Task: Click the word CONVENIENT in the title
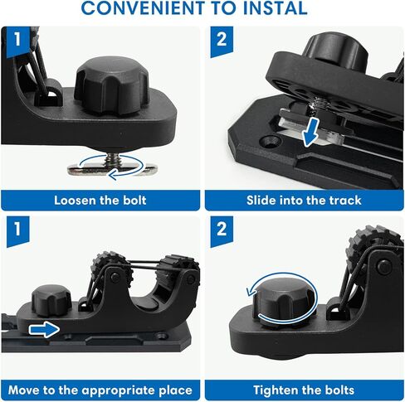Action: (x=144, y=7)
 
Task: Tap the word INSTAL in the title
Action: (x=276, y=7)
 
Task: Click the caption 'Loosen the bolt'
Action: (x=100, y=201)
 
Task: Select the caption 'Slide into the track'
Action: (x=304, y=201)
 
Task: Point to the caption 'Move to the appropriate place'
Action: (x=100, y=390)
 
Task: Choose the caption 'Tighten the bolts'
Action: (x=304, y=390)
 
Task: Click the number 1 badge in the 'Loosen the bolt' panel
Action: (x=17, y=41)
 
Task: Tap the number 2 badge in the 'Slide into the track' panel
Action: (x=222, y=41)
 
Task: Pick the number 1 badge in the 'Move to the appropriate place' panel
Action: (x=17, y=231)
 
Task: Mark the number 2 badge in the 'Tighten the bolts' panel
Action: (x=222, y=231)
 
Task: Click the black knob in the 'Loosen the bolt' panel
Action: (x=111, y=85)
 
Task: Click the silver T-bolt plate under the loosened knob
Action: (x=113, y=169)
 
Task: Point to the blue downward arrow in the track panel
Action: (x=310, y=132)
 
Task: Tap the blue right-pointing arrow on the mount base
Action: (x=44, y=329)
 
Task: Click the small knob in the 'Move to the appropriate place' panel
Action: (x=51, y=300)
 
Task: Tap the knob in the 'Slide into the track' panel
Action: (x=335, y=52)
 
